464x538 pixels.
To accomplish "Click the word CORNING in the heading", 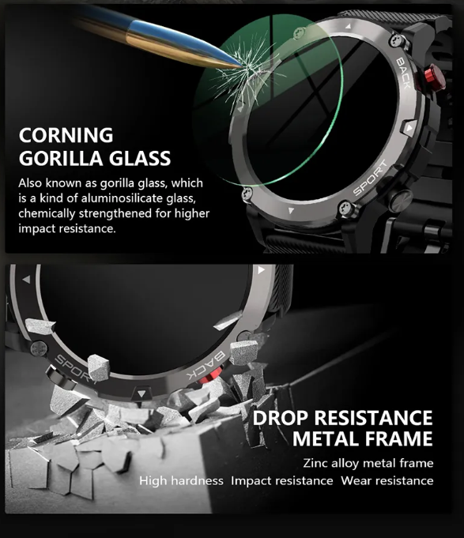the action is (66, 135).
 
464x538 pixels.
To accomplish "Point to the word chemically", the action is (47, 214).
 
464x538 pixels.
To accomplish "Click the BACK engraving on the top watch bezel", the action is (404, 73).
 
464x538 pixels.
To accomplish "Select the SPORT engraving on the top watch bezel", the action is (370, 178).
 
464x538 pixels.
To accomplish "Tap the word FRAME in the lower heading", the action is (398, 438).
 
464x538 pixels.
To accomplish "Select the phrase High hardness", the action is (181, 480).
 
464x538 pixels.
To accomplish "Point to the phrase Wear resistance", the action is (387, 480).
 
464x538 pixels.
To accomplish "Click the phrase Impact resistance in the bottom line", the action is (281, 480).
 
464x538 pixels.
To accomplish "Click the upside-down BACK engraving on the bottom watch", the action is (206, 365).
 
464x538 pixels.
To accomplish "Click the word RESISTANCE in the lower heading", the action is (373, 418).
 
